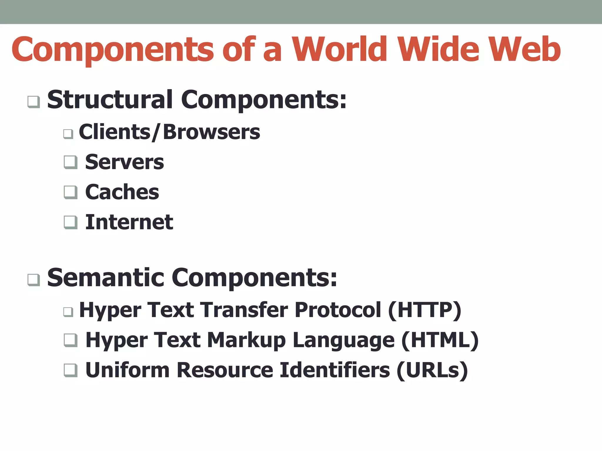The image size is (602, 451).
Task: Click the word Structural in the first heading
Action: coord(110,100)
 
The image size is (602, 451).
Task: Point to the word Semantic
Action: coord(106,278)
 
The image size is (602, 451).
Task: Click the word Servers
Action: coord(124,162)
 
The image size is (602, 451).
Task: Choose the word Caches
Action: coord(122,192)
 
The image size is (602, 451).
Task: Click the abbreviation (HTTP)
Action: coord(424,310)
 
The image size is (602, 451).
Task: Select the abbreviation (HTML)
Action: coord(440,341)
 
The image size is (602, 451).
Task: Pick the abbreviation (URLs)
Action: coord(432,371)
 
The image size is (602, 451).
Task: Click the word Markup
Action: coord(246,341)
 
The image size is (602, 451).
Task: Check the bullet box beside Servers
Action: coord(71,162)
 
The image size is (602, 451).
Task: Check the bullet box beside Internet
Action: coord(71,222)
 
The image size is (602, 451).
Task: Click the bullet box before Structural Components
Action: coord(34,102)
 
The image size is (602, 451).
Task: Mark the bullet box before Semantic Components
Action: coord(34,280)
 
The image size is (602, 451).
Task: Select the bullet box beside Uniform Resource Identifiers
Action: coord(71,370)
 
